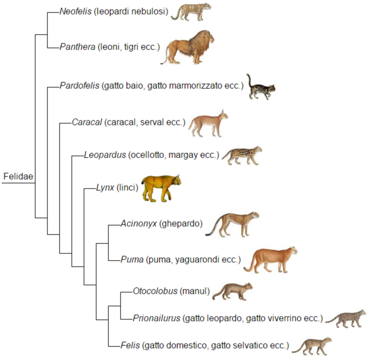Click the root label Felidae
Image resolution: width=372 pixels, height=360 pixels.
point(18,176)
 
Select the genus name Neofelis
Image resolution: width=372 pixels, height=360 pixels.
point(76,12)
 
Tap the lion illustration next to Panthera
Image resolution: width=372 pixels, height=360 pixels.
point(187,48)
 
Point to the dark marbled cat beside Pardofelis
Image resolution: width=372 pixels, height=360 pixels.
point(261,87)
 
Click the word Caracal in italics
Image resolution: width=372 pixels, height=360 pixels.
point(87,122)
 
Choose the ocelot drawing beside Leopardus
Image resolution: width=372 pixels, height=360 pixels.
point(242,156)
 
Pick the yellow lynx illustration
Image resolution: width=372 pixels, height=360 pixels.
point(161,188)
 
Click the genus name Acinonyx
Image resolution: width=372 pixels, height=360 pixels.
point(139,224)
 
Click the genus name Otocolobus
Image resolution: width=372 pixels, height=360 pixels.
point(155,291)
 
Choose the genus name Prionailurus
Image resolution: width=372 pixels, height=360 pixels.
point(157,318)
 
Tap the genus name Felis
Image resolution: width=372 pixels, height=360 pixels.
point(130,345)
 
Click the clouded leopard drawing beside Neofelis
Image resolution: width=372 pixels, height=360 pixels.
point(191,12)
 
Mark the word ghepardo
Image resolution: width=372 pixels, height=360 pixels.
point(181,224)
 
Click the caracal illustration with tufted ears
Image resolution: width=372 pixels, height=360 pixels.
point(208,123)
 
